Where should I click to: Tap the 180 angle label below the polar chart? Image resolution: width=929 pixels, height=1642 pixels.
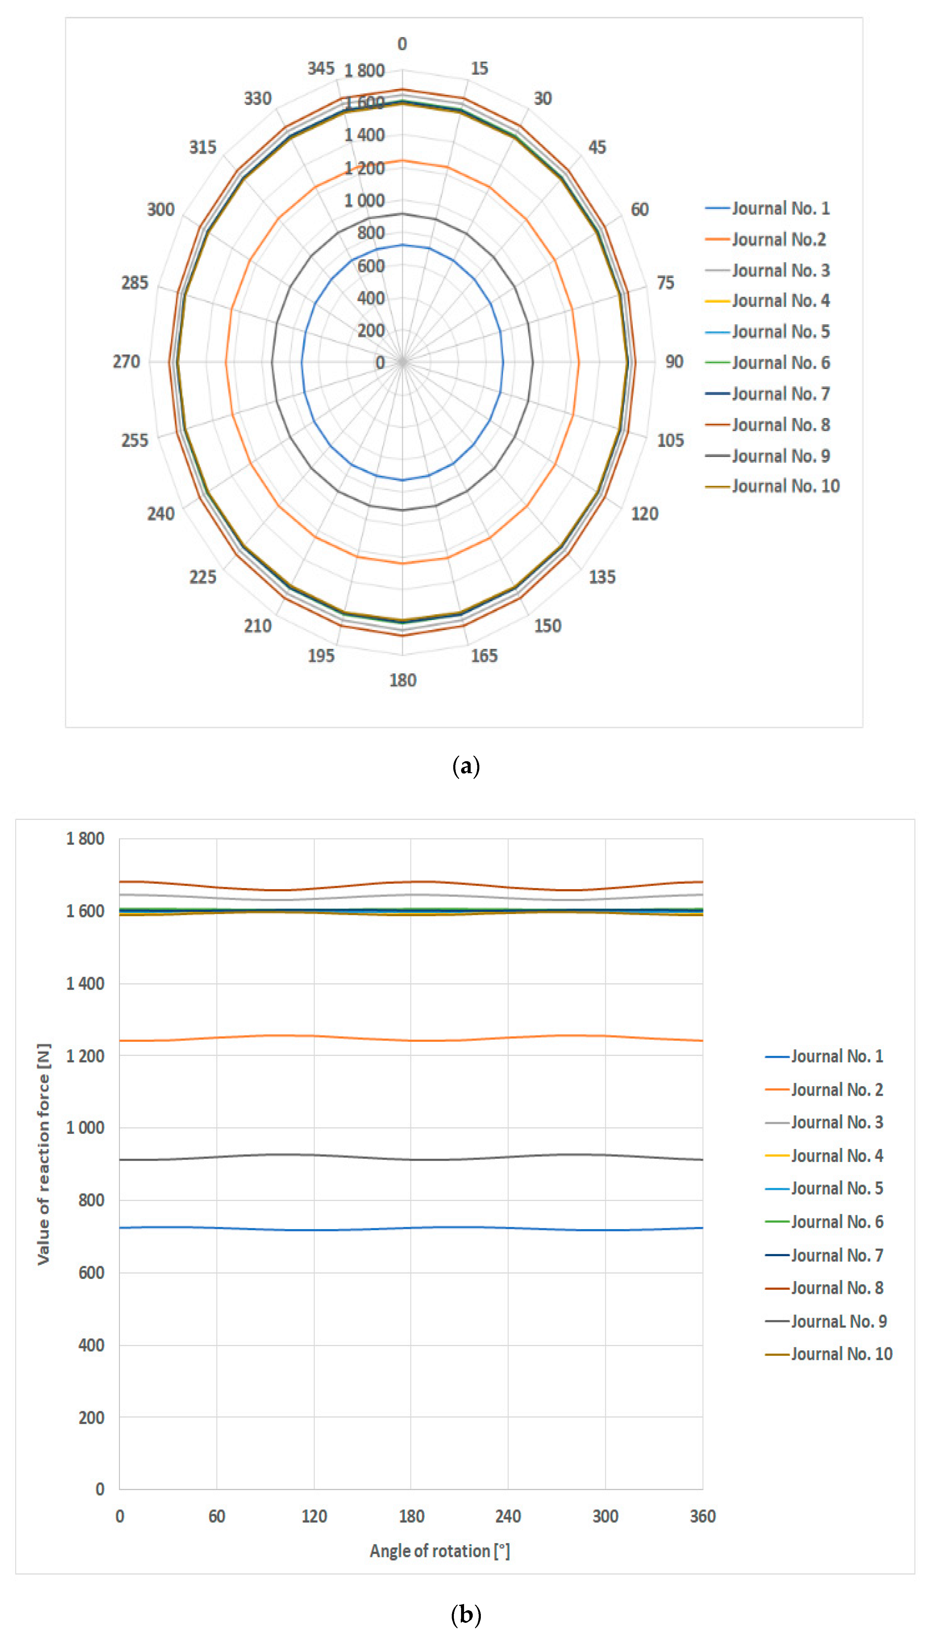pyautogui.click(x=403, y=680)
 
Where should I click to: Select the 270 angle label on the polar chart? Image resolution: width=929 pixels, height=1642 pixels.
pyautogui.click(x=126, y=362)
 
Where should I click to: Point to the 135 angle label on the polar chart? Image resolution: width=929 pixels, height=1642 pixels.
pyautogui.click(x=602, y=577)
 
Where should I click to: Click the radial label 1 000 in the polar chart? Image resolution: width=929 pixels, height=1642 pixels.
pyautogui.click(x=364, y=201)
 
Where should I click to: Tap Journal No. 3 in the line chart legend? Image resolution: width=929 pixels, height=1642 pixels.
pyautogui.click(x=836, y=1122)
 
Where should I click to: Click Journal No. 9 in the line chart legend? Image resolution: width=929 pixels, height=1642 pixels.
pyautogui.click(x=838, y=1321)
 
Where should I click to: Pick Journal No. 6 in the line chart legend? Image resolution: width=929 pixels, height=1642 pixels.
pyautogui.click(x=836, y=1222)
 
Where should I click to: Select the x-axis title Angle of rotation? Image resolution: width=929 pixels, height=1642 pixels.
pyautogui.click(x=439, y=1551)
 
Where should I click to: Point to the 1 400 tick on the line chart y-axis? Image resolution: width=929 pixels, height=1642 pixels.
pyautogui.click(x=85, y=984)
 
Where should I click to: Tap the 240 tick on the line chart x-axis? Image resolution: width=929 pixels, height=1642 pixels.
pyautogui.click(x=508, y=1516)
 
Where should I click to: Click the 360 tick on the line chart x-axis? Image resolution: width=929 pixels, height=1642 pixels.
pyautogui.click(x=702, y=1516)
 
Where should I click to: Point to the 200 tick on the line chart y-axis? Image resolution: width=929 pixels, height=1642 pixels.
pyautogui.click(x=91, y=1417)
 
